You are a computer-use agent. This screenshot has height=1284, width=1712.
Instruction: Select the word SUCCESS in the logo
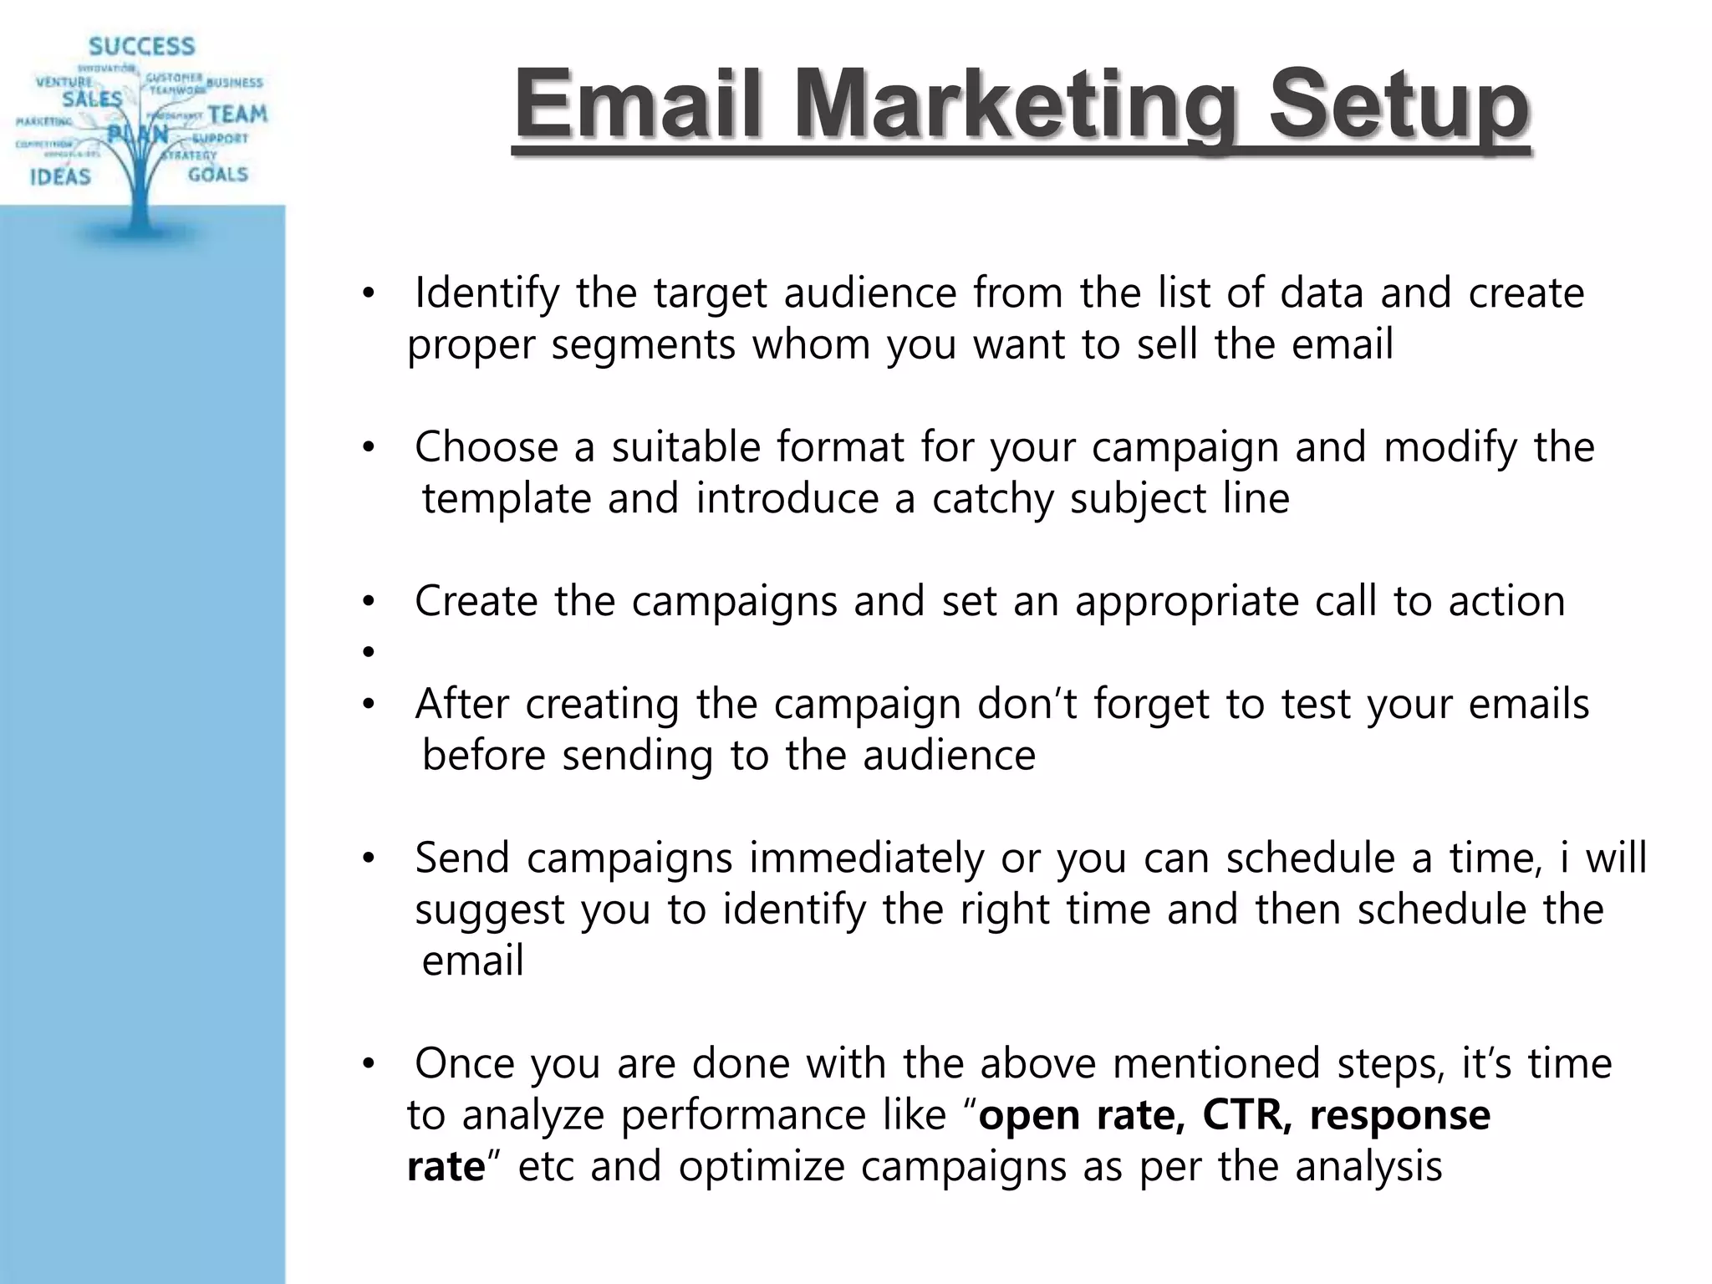click(141, 46)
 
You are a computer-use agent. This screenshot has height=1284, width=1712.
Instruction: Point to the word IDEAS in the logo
click(60, 176)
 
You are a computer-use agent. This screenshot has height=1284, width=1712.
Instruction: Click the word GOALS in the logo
click(217, 175)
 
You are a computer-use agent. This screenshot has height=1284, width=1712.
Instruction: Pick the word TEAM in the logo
click(237, 114)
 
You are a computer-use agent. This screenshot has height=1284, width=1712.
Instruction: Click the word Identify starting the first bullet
click(487, 293)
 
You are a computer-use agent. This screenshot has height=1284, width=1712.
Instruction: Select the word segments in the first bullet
click(643, 345)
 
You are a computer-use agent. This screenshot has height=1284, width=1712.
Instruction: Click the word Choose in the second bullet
click(486, 447)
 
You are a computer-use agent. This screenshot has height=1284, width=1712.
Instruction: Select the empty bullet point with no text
click(367, 652)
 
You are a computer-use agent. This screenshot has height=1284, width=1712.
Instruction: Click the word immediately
click(866, 859)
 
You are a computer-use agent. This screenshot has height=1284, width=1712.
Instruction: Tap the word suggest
click(490, 910)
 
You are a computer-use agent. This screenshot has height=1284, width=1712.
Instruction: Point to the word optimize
click(761, 1167)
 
